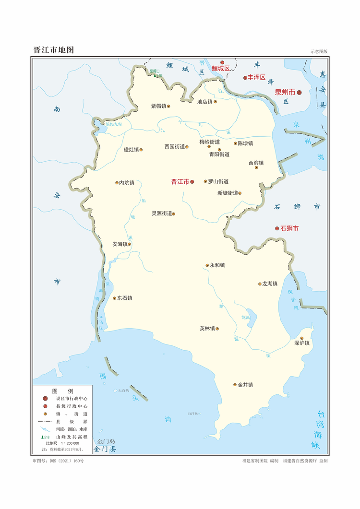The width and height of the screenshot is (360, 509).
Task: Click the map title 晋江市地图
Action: (54, 50)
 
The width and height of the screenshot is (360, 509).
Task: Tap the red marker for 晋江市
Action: (192, 182)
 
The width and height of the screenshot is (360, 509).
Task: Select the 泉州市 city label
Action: (285, 92)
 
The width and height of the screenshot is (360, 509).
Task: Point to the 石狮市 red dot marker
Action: (277, 229)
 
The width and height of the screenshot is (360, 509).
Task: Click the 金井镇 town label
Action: (245, 385)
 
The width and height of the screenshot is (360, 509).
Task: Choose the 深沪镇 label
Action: (302, 343)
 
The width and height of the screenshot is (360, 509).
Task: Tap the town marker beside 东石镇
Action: (114, 298)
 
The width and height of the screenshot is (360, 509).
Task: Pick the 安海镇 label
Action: (120, 244)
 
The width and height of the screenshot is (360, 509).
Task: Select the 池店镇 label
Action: (204, 102)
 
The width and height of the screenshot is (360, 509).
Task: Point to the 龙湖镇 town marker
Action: (260, 284)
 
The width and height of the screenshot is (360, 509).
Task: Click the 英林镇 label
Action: (207, 329)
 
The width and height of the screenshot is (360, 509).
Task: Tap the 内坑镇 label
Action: (127, 183)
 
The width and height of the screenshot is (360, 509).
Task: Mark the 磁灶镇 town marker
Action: (141, 150)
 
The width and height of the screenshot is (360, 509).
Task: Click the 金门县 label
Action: (105, 450)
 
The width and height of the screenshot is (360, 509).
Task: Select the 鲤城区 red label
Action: (221, 69)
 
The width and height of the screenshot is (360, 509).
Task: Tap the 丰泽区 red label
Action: (257, 77)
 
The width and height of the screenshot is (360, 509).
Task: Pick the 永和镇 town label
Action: (217, 265)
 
